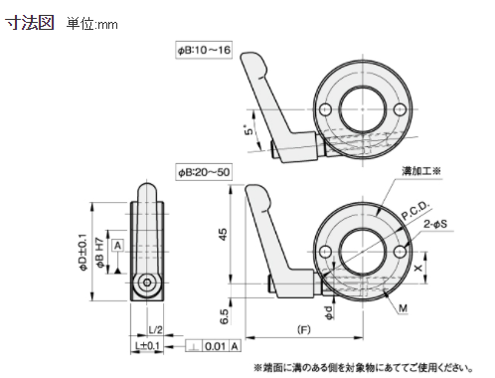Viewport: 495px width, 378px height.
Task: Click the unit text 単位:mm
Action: pos(91,23)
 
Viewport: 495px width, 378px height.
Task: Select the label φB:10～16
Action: pos(204,49)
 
